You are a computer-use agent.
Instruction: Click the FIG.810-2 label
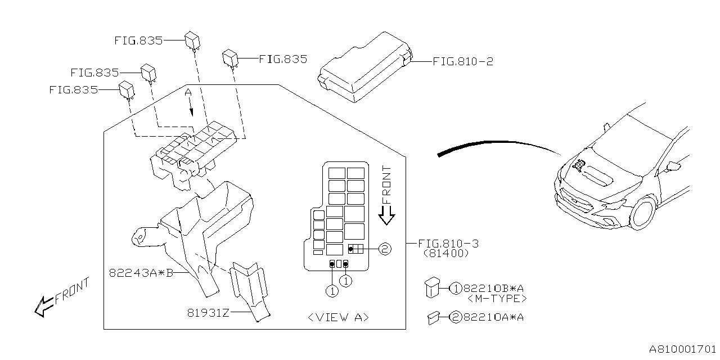pos(462,61)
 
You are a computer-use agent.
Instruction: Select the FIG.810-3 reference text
pos(448,244)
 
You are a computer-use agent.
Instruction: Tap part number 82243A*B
pos(141,273)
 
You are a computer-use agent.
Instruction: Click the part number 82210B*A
pos(494,289)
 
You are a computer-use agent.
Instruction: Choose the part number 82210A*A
pos(494,317)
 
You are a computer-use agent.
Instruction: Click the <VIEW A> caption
pos(339,317)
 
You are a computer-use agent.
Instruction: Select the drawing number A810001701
pos(682,349)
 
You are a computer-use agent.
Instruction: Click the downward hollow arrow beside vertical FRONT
pos(386,215)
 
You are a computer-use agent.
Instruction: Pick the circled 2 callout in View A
pos(384,248)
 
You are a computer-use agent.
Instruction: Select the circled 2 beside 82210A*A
pos(455,317)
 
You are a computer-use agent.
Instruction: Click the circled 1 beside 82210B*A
pos(455,289)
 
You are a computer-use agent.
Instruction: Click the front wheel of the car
pos(642,213)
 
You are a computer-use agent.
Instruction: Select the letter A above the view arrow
pos(189,92)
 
